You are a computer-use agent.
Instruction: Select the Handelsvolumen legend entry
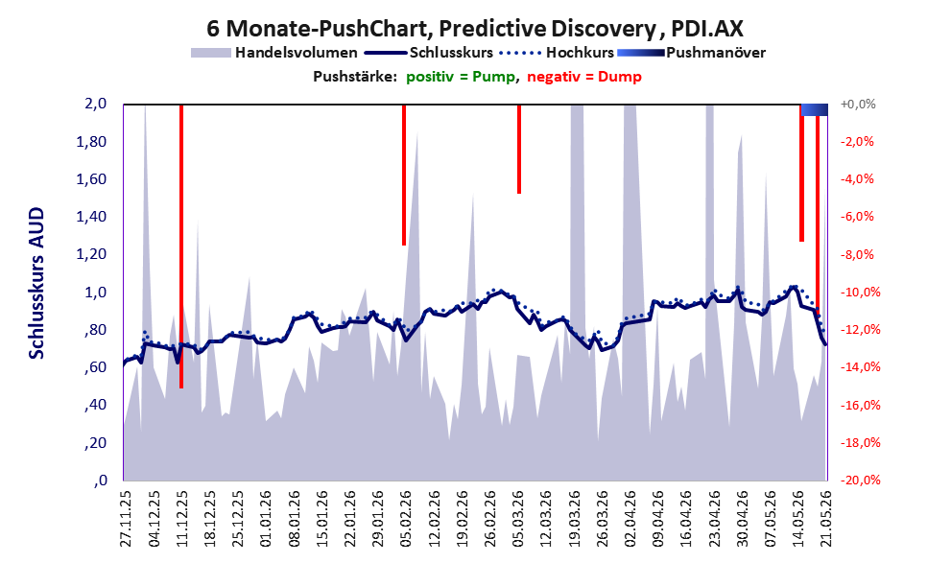[x=274, y=53]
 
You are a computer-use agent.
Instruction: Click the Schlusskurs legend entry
[x=428, y=53]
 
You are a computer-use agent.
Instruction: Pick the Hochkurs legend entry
[x=557, y=53]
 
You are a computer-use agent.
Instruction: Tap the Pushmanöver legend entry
[x=691, y=53]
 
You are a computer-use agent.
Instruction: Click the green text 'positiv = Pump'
[x=461, y=77]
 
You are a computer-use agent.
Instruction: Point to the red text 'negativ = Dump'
[x=584, y=77]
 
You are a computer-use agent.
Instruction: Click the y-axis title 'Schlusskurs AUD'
[x=37, y=284]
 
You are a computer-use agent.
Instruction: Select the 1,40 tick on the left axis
[x=91, y=217]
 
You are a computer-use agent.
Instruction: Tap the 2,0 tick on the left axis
[x=95, y=104]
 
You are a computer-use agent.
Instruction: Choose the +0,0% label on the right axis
[x=858, y=105]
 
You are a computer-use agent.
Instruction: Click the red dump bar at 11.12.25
[x=181, y=246]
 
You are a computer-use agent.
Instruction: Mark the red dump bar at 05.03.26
[x=519, y=149]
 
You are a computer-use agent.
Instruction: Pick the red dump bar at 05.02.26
[x=404, y=176]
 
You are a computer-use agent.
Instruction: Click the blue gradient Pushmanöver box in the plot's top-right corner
[x=815, y=109]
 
